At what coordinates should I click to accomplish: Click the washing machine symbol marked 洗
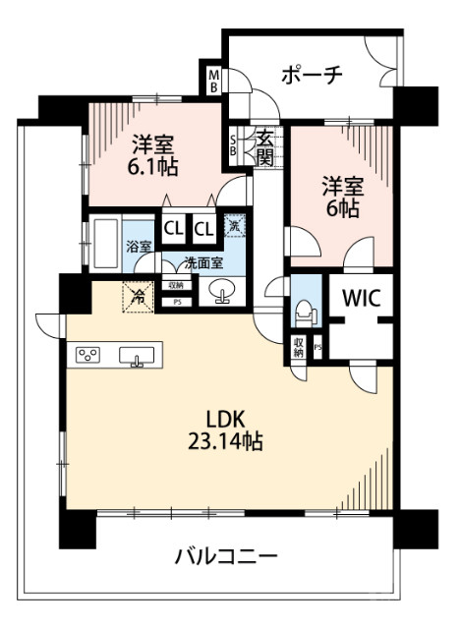coord(234,227)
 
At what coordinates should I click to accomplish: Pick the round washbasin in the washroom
coord(218,292)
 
